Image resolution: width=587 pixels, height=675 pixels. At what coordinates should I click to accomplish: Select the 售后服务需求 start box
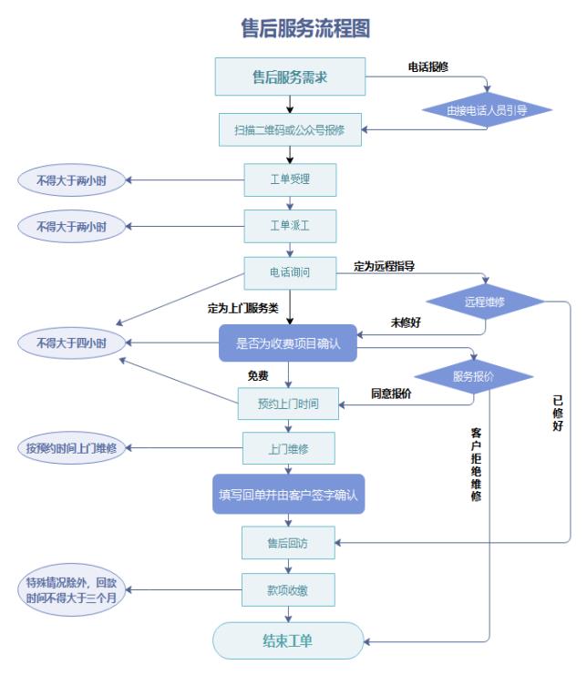coord(290,77)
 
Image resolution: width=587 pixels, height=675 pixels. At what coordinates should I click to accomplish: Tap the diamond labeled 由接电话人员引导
coord(487,110)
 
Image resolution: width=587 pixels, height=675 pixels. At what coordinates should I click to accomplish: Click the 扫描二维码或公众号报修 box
coord(290,130)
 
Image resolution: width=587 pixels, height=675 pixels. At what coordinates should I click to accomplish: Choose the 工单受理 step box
coord(290,179)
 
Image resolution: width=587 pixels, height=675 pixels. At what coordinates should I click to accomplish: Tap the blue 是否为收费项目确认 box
coord(287,343)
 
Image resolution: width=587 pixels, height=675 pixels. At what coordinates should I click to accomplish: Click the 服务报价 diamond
coord(473,376)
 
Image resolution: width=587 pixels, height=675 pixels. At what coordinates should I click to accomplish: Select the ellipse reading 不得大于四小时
coord(71,343)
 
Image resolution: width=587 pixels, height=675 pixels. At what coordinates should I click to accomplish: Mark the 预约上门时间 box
coord(290,403)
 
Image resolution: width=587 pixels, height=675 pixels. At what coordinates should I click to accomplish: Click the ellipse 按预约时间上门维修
coord(71,448)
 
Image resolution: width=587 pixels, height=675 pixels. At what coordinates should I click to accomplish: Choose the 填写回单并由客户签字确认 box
coord(288,496)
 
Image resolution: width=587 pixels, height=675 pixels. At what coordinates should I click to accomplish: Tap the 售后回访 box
coord(288,543)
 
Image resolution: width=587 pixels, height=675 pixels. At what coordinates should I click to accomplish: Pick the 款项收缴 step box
coord(288,590)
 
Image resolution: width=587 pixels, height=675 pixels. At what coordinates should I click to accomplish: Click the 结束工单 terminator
coord(288,639)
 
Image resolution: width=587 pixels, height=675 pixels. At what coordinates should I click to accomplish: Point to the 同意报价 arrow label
coord(390,394)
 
